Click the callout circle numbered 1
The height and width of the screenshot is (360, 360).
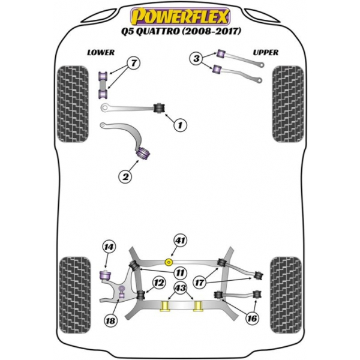(x=179, y=125)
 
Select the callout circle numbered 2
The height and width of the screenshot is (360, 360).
(x=125, y=176)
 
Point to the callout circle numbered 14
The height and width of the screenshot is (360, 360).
(x=108, y=247)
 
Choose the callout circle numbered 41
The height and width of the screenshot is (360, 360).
(x=180, y=241)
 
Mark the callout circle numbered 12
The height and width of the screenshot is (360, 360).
(x=158, y=283)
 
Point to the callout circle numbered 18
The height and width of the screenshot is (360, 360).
(x=109, y=322)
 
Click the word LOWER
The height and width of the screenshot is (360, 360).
(x=100, y=52)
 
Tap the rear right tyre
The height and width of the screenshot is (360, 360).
(x=286, y=293)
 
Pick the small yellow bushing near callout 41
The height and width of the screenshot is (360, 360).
(x=169, y=262)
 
